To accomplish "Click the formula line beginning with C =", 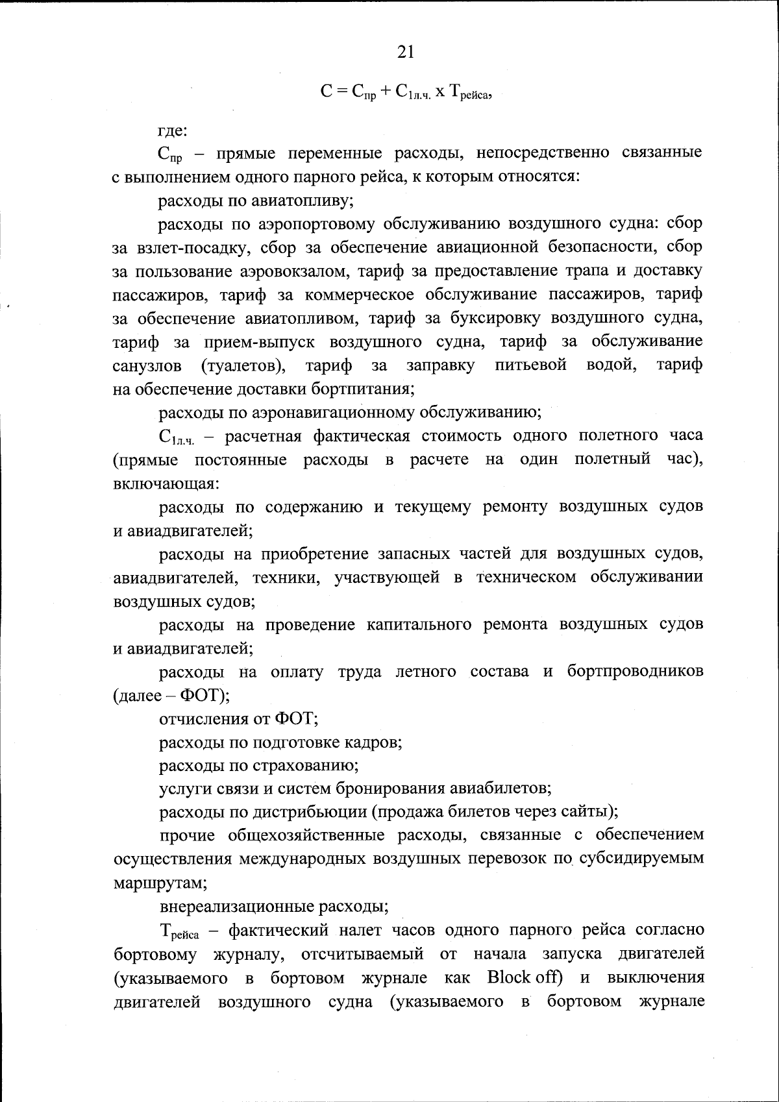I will pos(409,93).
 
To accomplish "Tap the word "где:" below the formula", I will pos(173,130).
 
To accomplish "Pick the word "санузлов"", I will pos(148,365).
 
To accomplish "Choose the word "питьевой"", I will pos(531,365).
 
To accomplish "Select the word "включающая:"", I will pos(167,484).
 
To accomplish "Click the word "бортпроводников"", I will pos(635,671).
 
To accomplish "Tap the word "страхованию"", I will pos(310,765).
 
